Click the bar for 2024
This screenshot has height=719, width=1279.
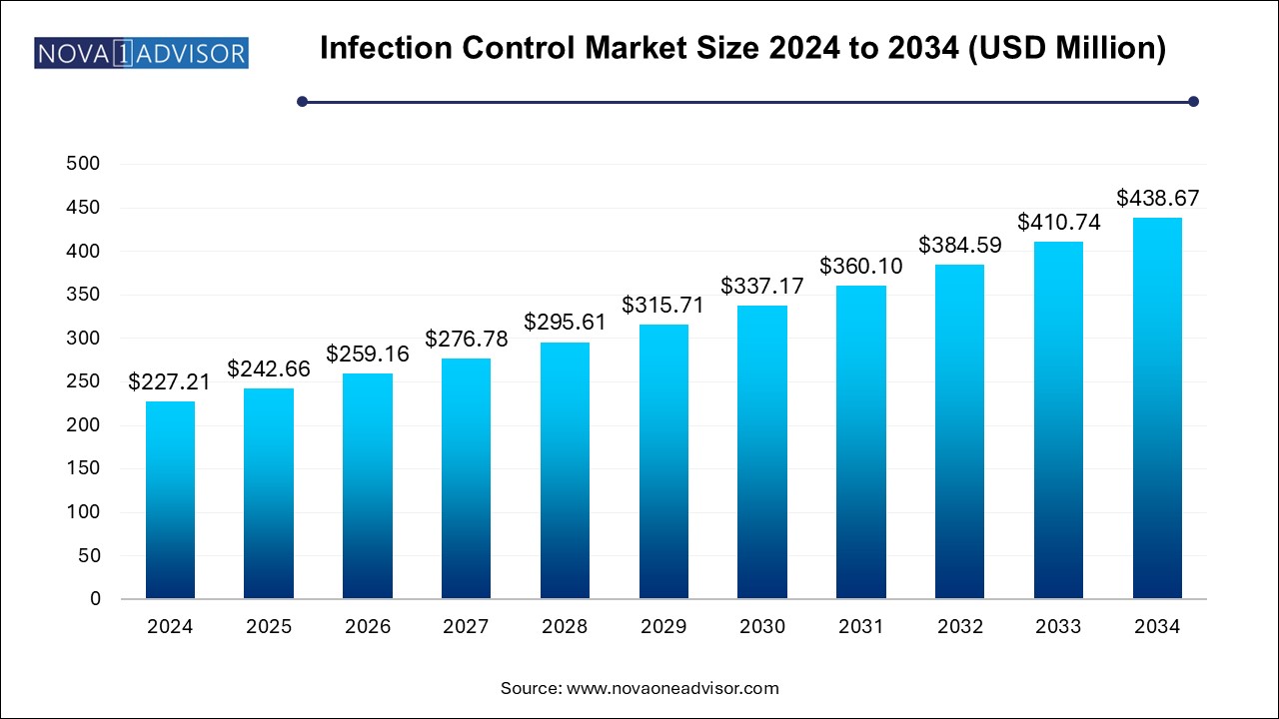[170, 499]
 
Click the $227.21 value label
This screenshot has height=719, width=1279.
[170, 382]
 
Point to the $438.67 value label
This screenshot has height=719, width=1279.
[1157, 198]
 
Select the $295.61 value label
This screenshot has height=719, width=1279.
[565, 323]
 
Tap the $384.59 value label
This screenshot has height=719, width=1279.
[960, 245]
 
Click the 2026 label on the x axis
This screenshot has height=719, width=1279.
[368, 627]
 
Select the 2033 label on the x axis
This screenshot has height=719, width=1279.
[1058, 627]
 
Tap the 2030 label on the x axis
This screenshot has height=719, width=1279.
[762, 627]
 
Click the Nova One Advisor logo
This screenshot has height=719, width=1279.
[141, 52]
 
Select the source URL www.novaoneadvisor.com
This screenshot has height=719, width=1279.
[672, 688]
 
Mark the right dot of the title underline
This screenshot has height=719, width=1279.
[1192, 101]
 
